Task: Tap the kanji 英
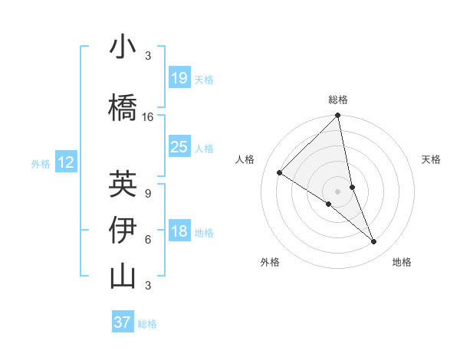[123, 183]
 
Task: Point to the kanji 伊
[123, 230]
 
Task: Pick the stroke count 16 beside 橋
[148, 117]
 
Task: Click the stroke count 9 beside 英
[148, 194]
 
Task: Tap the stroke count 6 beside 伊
[148, 240]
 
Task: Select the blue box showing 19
[179, 78]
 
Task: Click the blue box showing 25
[179, 147]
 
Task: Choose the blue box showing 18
[179, 232]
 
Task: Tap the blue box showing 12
[66, 162]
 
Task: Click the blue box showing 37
[123, 322]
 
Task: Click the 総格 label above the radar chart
[338, 100]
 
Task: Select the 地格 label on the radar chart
[402, 263]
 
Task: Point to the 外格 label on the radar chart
[270, 263]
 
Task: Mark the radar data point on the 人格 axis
[280, 172]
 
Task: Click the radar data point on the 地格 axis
[374, 242]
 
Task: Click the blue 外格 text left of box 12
[41, 163]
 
